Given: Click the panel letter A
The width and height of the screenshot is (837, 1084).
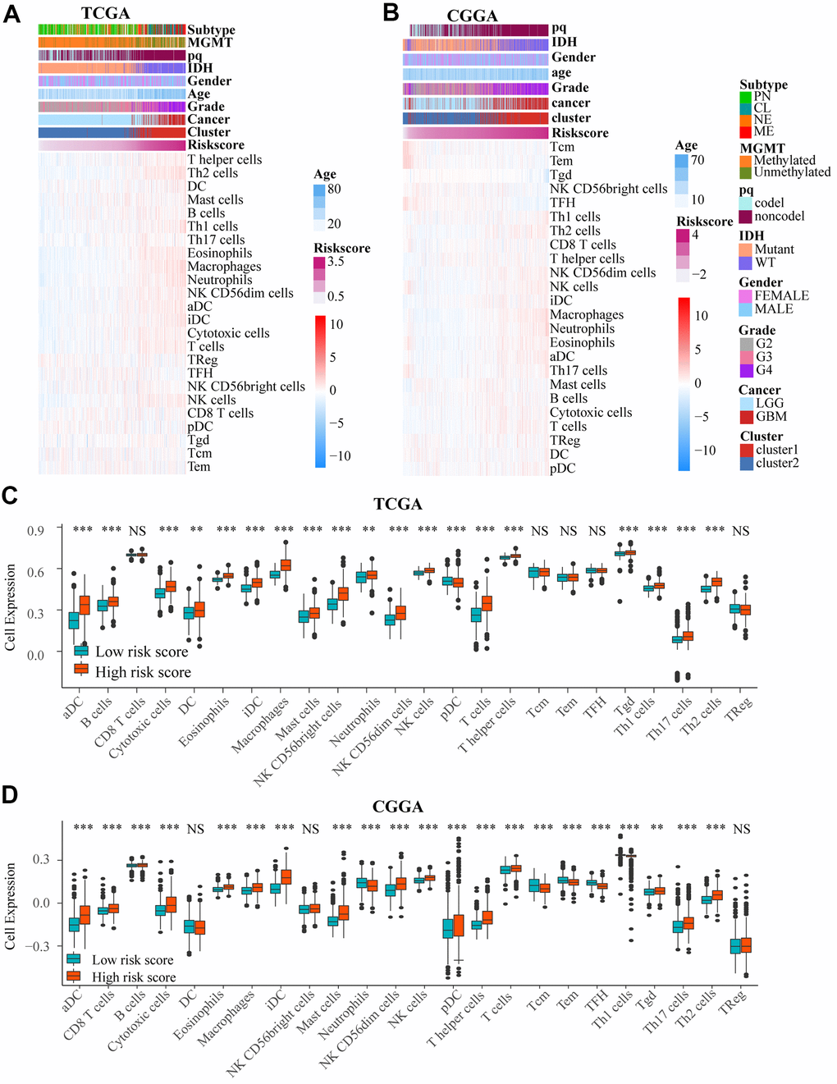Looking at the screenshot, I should coord(11,14).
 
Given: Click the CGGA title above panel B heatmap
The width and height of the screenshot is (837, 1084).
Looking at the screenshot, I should coord(472,16).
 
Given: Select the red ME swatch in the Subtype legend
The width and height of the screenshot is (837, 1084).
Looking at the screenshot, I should coord(746,131).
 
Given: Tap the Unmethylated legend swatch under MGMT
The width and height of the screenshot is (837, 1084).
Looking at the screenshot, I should coord(746,172).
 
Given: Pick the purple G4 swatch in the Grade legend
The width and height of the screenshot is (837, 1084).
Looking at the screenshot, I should coord(746,370).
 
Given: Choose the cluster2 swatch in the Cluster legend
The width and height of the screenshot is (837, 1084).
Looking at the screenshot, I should coord(747,464).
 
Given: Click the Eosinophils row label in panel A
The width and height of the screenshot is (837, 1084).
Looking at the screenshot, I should coord(219,254).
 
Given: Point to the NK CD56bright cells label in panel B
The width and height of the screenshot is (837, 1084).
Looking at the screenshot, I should coord(608,189).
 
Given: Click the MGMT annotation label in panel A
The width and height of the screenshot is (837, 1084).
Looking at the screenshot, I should coord(210,43).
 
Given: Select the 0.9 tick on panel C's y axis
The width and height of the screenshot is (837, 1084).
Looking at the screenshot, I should coord(35,531).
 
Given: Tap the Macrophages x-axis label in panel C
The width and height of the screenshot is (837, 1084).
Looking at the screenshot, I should coord(261,725).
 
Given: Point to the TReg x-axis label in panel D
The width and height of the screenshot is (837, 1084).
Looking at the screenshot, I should coord(734,1003).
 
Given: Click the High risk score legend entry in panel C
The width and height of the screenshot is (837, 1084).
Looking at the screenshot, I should coord(143,672).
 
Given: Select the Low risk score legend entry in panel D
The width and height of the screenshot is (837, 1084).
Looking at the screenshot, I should coord(132,959).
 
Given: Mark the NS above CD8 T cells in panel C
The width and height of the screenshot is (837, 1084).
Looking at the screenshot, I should coord(137,531).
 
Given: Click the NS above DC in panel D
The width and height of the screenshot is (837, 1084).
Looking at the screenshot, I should coord(195,830).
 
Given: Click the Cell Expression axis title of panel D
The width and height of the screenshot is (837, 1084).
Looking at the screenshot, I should coord(11,906).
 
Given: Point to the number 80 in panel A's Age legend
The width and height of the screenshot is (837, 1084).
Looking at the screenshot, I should coord(334,189).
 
